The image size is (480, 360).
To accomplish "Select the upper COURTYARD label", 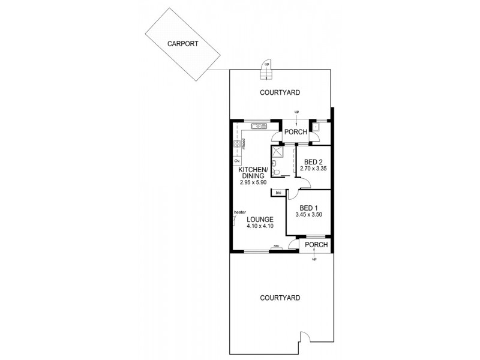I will click(x=280, y=92).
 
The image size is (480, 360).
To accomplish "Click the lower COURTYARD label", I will click(x=280, y=298).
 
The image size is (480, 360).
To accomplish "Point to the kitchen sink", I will click(x=259, y=126).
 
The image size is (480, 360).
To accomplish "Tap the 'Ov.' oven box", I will click(x=236, y=161).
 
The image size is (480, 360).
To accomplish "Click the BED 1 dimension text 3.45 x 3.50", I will click(x=309, y=214).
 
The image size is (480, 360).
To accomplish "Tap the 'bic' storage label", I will click(x=278, y=193).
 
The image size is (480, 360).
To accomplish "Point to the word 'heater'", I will click(x=241, y=212).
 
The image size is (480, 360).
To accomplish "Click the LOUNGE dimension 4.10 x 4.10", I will click(x=259, y=226).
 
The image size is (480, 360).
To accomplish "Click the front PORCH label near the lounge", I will click(x=316, y=245).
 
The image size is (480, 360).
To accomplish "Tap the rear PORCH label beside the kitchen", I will click(x=295, y=132).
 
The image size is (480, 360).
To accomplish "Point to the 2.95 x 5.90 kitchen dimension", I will click(x=253, y=182).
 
